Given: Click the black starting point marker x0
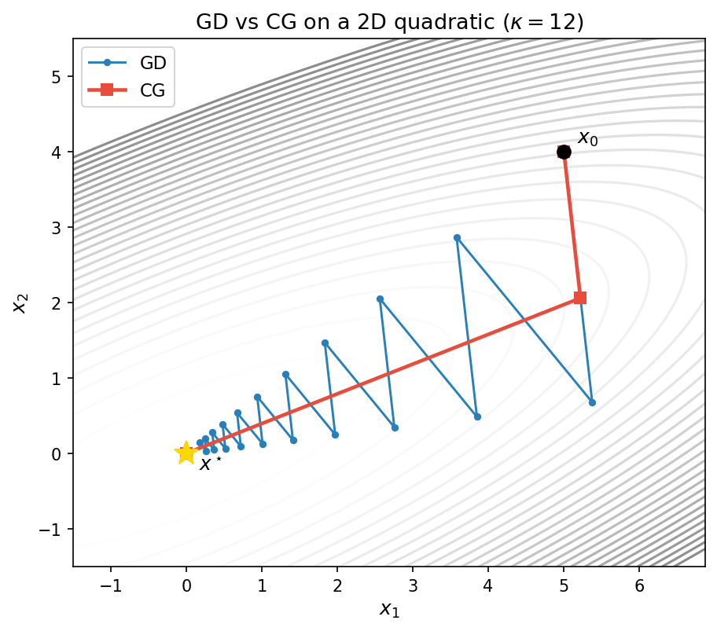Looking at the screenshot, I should point(564,152).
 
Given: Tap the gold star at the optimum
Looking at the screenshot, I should point(186,453).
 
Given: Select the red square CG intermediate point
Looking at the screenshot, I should point(580,298).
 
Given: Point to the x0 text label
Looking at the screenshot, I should point(587,139).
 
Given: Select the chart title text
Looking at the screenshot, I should point(389,22).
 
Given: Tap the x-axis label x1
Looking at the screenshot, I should point(389,609).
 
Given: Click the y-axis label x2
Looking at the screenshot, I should point(20,302).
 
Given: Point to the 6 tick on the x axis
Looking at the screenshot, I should point(638,585).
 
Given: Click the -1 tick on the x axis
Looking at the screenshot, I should point(111,585).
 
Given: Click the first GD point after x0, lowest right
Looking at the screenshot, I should point(592,402).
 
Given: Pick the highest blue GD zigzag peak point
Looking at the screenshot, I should point(457,237).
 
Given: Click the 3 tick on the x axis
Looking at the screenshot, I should point(413,585).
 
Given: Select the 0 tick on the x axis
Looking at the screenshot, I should point(186,585).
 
